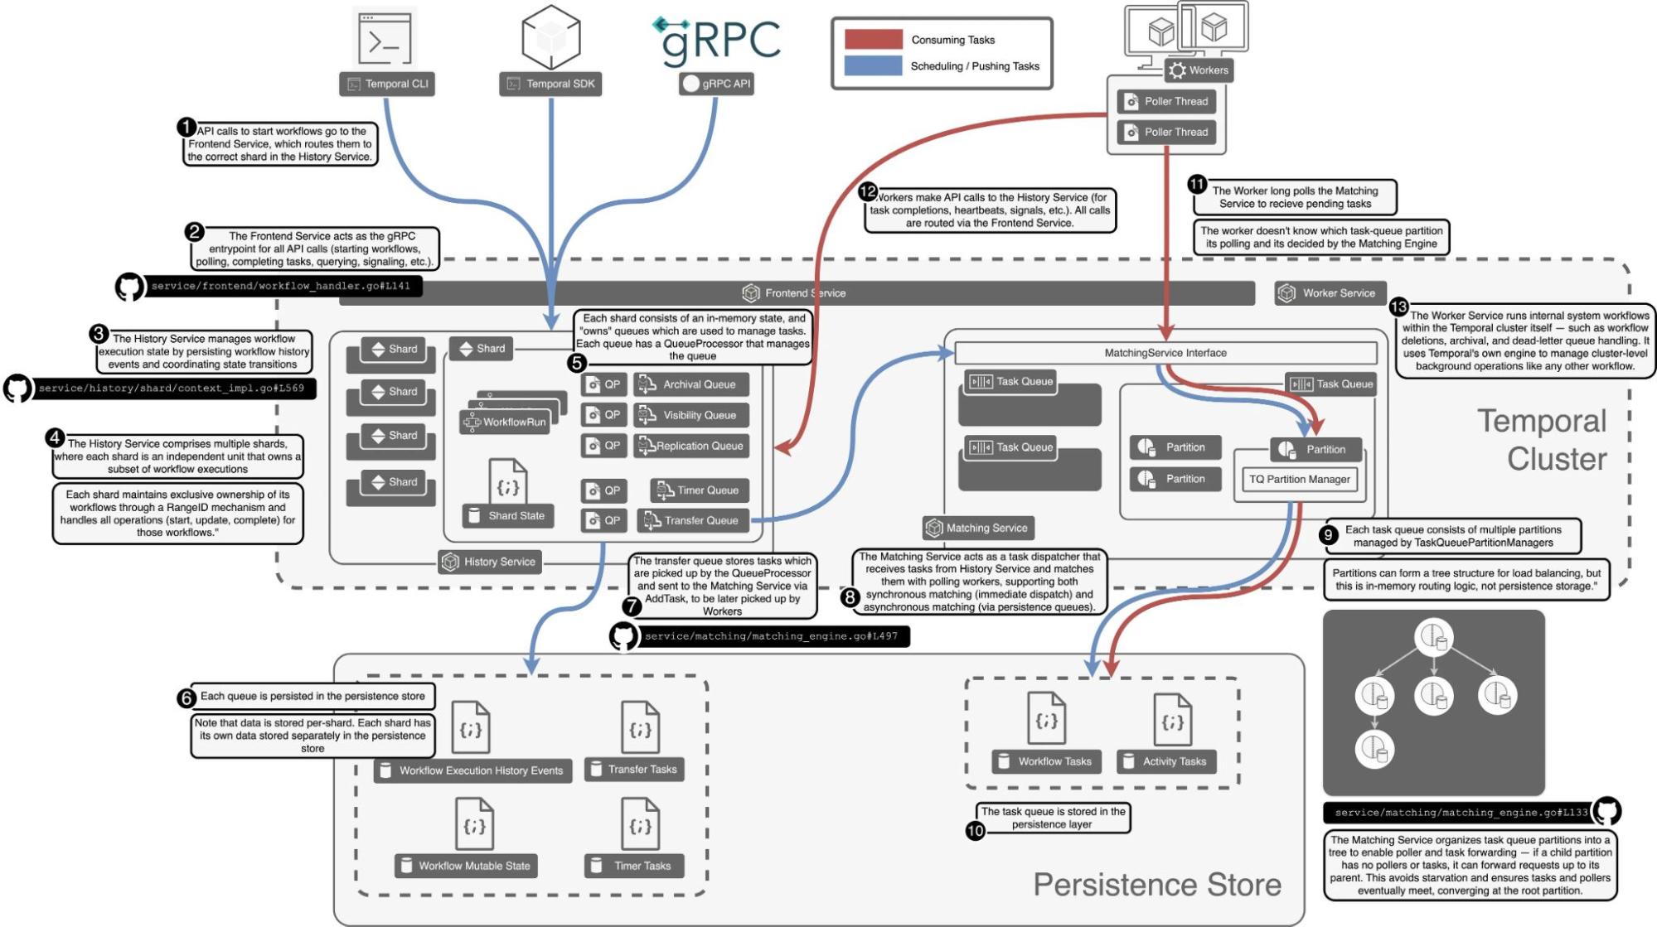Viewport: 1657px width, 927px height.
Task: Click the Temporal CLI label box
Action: (388, 84)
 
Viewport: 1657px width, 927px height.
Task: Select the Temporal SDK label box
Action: (551, 84)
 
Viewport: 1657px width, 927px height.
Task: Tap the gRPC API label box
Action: (717, 84)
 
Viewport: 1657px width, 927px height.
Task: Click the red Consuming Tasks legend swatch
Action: (873, 40)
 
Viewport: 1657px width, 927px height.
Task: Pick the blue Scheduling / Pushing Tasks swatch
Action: (873, 65)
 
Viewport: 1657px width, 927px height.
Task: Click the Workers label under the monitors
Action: (1199, 70)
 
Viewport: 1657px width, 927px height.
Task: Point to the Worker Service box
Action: (1329, 293)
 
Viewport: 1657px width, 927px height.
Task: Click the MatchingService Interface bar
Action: (1165, 353)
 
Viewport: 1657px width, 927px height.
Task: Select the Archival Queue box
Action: (691, 384)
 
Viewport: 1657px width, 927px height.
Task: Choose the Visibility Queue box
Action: (691, 415)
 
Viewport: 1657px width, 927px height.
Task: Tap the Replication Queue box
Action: (691, 446)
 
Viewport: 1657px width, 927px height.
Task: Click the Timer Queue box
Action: (700, 490)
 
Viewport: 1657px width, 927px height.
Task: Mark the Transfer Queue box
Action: (693, 520)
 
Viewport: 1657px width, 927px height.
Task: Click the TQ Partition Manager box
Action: (1299, 479)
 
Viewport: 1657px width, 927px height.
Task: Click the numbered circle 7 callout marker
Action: (632, 606)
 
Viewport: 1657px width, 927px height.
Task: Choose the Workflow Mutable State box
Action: (466, 866)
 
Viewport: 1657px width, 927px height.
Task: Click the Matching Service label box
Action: (978, 528)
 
